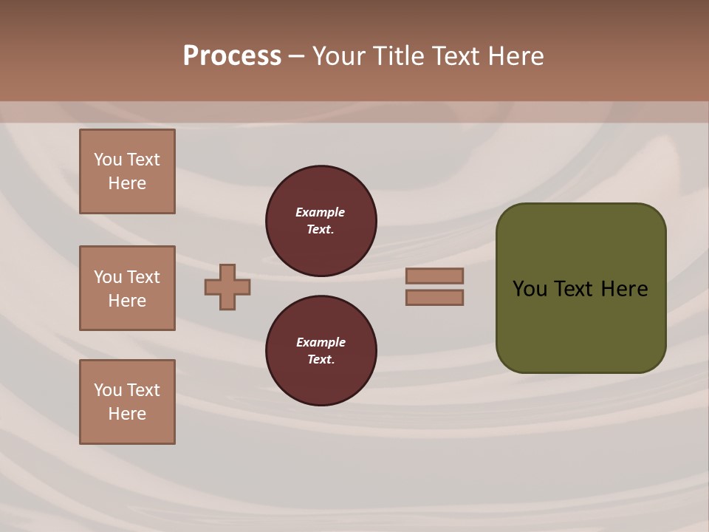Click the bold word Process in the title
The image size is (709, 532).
[232, 56]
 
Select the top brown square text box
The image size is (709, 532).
[127, 171]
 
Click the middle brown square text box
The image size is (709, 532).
[127, 288]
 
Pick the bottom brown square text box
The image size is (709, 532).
[127, 402]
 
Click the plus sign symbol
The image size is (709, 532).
[227, 287]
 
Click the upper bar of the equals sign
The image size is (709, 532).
[434, 276]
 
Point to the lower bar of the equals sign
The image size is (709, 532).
[434, 297]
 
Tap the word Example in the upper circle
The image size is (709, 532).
[320, 212]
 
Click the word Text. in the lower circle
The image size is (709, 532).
[321, 359]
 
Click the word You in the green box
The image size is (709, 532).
[530, 289]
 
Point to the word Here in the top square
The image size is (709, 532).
[127, 183]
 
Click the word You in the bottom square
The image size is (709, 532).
[108, 390]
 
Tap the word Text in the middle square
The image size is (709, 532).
[143, 277]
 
